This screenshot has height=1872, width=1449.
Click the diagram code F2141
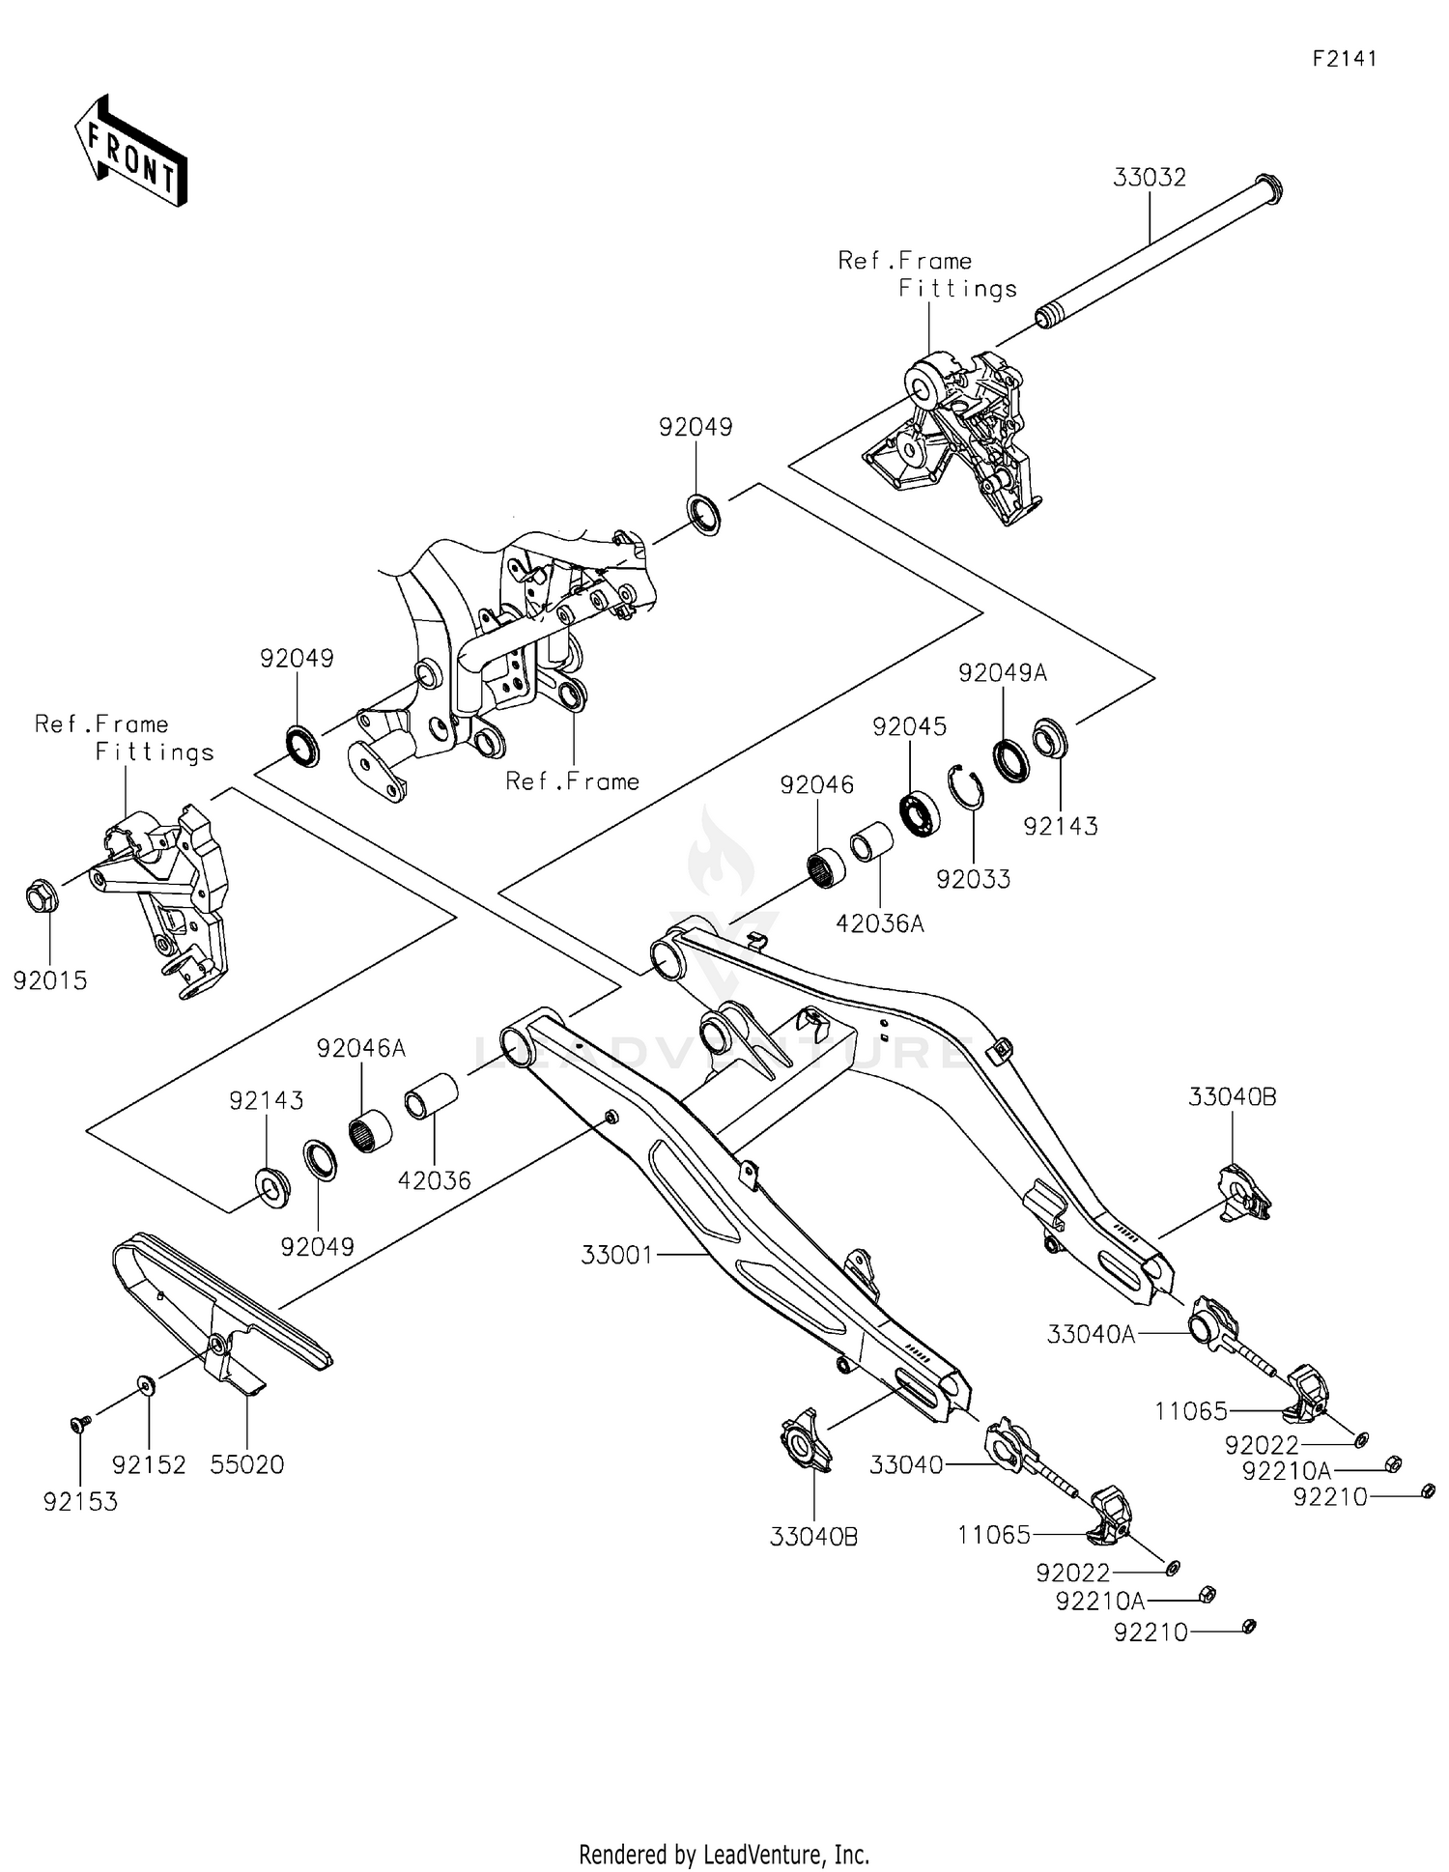click(x=1344, y=59)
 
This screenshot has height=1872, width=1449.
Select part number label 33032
click(x=1149, y=178)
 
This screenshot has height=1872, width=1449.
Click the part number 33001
click(x=616, y=1255)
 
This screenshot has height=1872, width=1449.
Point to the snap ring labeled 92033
click(x=965, y=786)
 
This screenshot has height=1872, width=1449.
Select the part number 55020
click(x=247, y=1464)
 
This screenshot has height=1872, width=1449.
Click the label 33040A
click(x=1091, y=1334)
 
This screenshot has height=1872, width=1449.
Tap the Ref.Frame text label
click(x=572, y=780)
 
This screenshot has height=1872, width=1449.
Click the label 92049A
click(x=1002, y=673)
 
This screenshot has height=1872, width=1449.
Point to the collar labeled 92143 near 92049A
click(x=1049, y=739)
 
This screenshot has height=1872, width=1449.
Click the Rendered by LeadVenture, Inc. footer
click(x=724, y=1854)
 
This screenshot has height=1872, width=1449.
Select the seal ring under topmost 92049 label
click(x=704, y=513)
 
